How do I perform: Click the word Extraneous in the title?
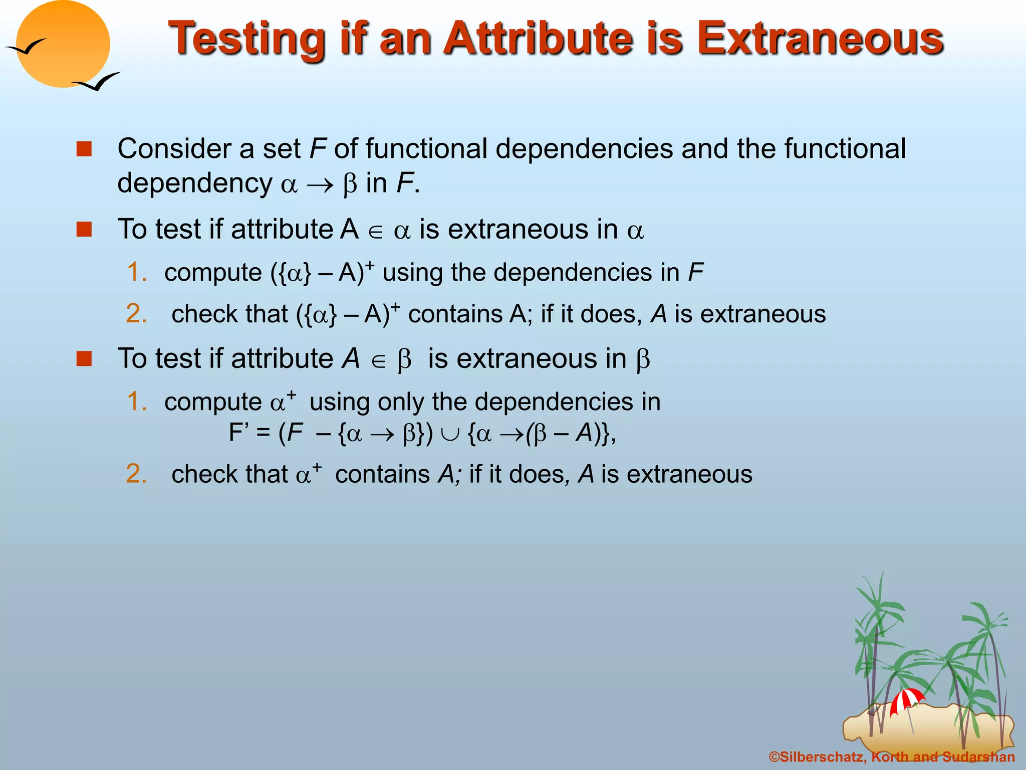point(820,39)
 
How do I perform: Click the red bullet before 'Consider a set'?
point(84,149)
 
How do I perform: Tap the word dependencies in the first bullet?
point(584,150)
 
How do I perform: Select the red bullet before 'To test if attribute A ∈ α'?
point(84,230)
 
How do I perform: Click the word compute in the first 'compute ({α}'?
point(213,273)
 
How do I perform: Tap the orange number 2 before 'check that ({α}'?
point(136,314)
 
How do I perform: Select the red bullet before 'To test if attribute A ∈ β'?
point(84,359)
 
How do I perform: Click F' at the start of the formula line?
point(239,433)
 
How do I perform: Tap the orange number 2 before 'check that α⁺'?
point(136,474)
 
